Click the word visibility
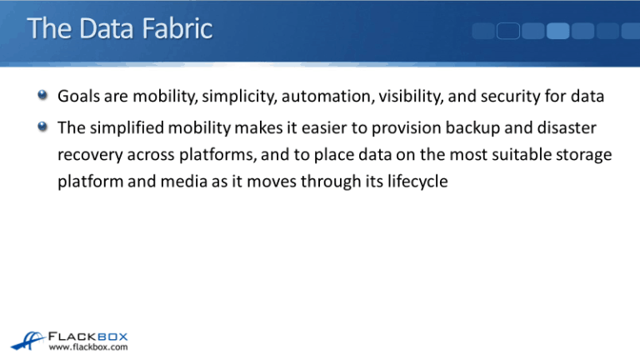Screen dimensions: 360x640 [x=412, y=97]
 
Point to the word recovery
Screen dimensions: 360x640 [x=87, y=155]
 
